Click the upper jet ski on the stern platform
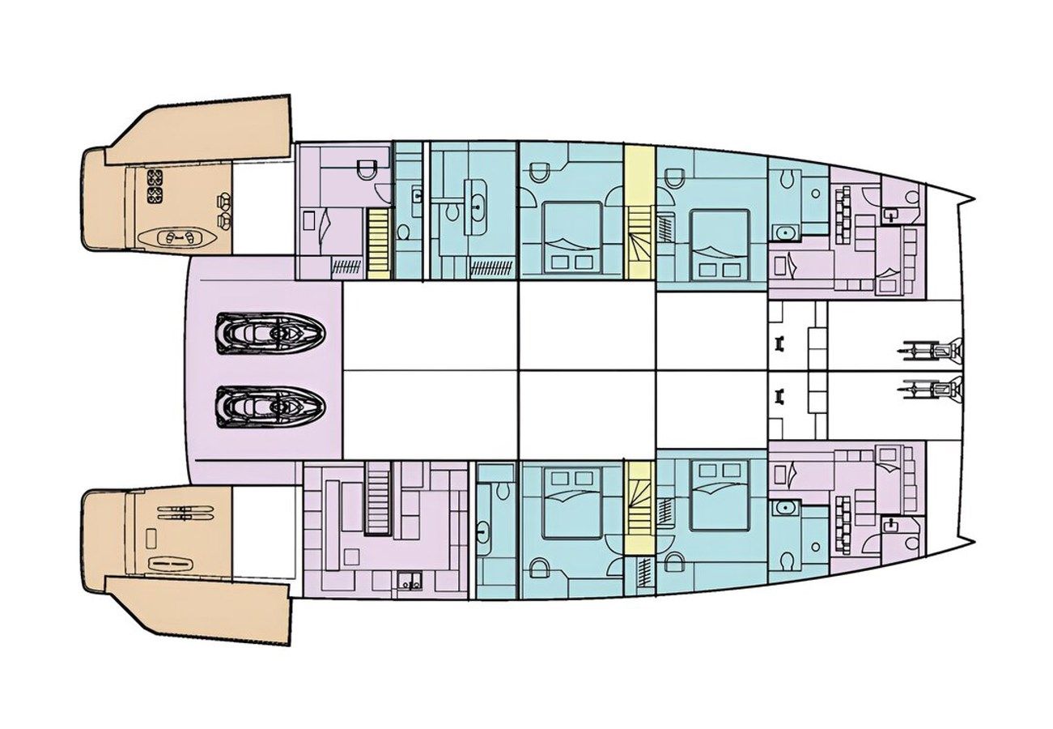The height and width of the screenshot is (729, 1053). tap(270, 332)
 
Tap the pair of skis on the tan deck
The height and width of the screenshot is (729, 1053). tap(185, 512)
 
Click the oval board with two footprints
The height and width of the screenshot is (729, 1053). tap(177, 237)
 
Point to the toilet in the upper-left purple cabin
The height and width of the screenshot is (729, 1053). tap(366, 168)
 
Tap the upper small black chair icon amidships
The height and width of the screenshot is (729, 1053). tap(781, 343)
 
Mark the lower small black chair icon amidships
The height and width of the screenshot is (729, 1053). tap(781, 395)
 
